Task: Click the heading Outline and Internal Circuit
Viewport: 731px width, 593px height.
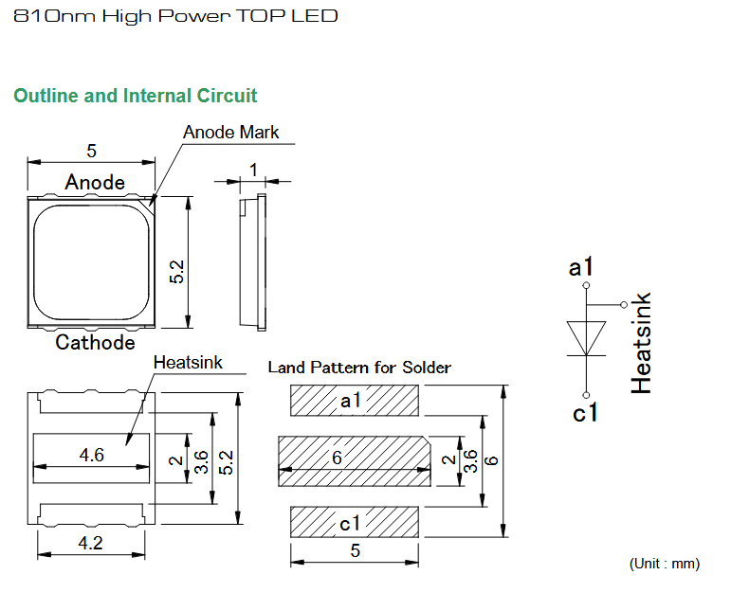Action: coord(136,96)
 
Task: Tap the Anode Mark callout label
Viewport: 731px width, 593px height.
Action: coord(230,132)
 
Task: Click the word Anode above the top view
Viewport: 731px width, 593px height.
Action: coord(95,182)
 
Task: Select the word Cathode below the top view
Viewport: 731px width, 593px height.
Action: coord(95,342)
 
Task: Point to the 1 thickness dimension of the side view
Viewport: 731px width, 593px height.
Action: coord(253,170)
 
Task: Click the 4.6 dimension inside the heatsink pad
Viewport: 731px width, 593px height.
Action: coord(91,455)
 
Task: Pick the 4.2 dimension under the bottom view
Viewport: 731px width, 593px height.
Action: coord(90,543)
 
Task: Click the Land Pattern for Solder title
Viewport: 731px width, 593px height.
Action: coord(359,368)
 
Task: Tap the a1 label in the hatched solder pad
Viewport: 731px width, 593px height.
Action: coord(351,400)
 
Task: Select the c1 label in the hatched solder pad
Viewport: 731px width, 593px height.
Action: coord(350,524)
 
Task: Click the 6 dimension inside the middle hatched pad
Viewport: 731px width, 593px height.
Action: coord(338,458)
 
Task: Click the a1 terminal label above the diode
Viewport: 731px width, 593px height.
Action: coord(581,267)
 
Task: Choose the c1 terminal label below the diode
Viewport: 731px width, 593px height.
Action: coord(585,413)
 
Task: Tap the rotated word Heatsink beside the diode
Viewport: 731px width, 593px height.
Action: coord(641,343)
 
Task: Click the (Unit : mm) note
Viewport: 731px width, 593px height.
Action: coord(665,564)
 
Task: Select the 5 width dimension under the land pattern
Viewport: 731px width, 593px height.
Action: coord(356,550)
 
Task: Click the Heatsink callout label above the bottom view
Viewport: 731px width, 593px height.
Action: coord(188,363)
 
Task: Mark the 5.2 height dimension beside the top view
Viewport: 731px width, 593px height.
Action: coord(177,272)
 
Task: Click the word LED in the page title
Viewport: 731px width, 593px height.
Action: coord(315,16)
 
